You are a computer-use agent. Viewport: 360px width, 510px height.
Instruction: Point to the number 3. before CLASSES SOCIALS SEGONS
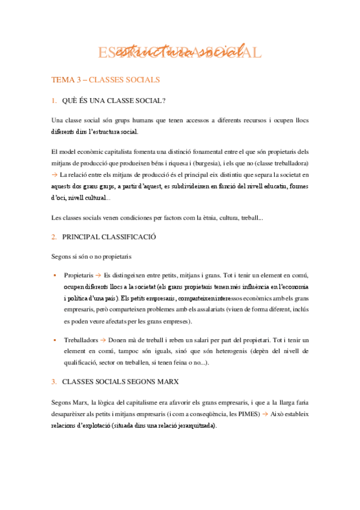click(54, 381)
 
